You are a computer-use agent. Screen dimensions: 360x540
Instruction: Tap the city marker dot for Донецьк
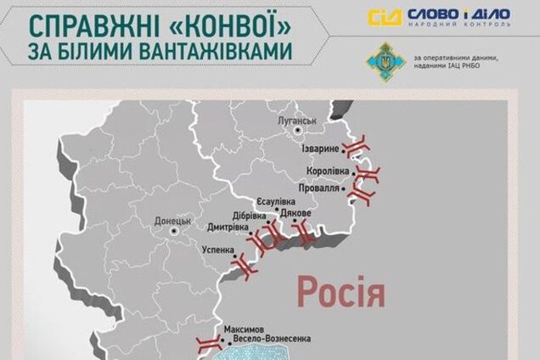coord(173,230)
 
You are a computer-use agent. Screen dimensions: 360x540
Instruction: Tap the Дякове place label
coord(295,214)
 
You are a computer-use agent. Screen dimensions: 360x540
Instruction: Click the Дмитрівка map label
coord(227,227)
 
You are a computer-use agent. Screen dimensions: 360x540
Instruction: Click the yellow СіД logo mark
coord(385,17)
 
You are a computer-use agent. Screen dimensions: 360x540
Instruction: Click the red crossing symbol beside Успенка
coord(244,266)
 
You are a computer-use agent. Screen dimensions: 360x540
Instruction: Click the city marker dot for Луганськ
coord(298,132)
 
